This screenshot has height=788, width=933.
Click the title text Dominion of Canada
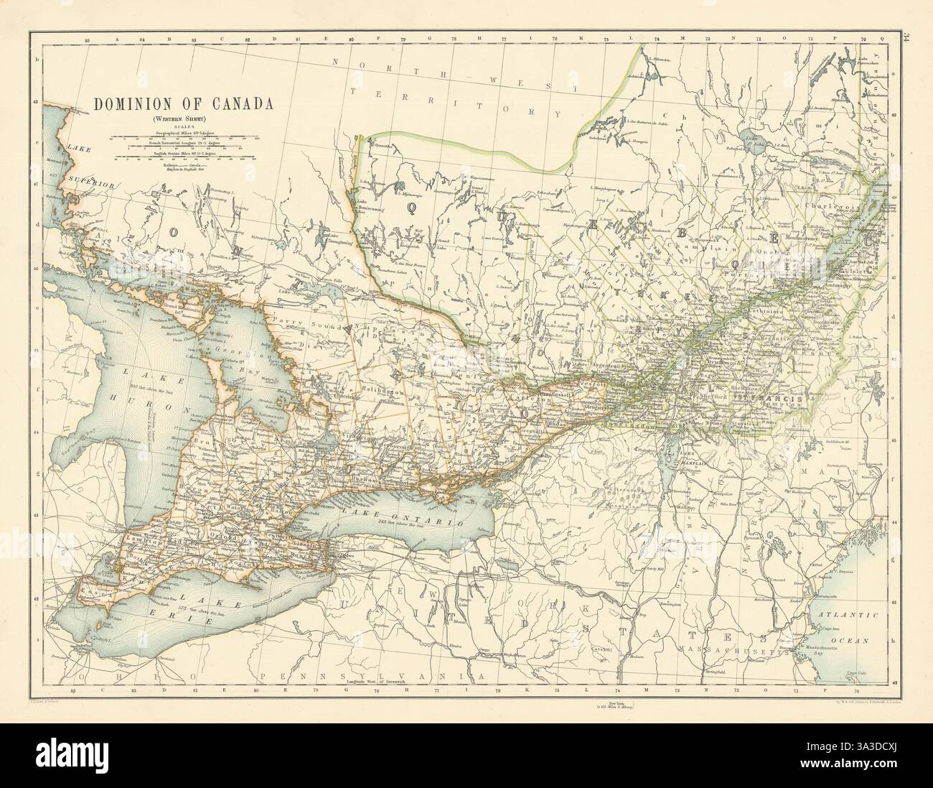[184, 103]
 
